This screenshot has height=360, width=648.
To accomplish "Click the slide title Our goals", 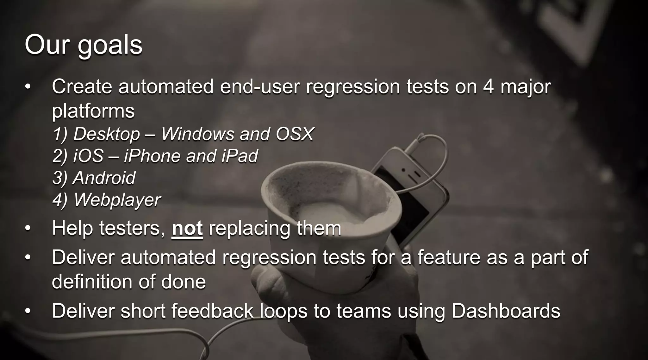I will [84, 45].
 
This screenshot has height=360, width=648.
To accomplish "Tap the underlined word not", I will [187, 228].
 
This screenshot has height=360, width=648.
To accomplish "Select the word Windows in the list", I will [198, 134].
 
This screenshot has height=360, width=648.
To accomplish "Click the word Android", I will [104, 178].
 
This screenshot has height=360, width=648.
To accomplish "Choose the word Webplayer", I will [117, 200].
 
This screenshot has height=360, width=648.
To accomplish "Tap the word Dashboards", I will [506, 311].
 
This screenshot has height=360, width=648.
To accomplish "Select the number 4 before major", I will [488, 86].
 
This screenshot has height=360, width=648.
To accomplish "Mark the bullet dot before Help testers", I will [28, 228].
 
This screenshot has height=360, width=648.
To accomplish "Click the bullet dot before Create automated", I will [28, 87].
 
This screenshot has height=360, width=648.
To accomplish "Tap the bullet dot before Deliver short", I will [28, 311].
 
